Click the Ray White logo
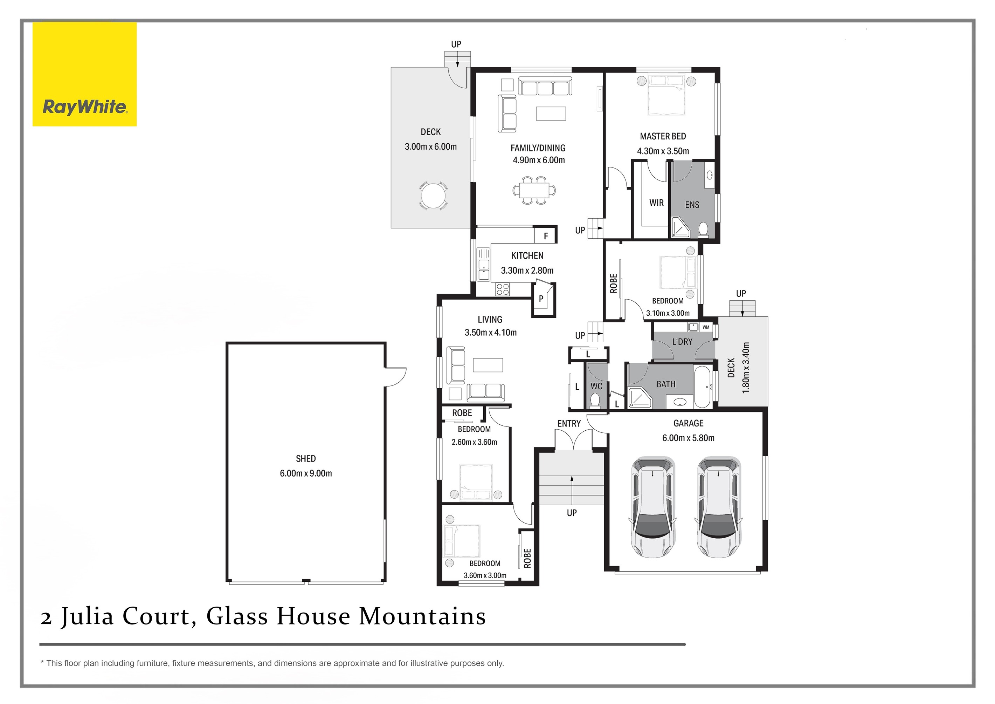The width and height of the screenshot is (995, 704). (x=84, y=74)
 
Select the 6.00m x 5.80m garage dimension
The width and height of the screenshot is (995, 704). (x=688, y=438)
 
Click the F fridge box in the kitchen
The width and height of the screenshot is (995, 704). (x=546, y=236)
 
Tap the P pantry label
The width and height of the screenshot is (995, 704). (x=541, y=299)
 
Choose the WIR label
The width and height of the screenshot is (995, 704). (x=656, y=203)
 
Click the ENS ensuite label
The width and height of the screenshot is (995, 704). (x=692, y=205)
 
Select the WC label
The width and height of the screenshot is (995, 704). (x=596, y=386)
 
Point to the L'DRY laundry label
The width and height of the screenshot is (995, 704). (x=682, y=342)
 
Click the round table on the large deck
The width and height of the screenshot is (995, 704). (x=433, y=196)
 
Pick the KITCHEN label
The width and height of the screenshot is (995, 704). (x=527, y=256)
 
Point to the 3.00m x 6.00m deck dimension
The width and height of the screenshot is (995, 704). (x=431, y=146)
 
